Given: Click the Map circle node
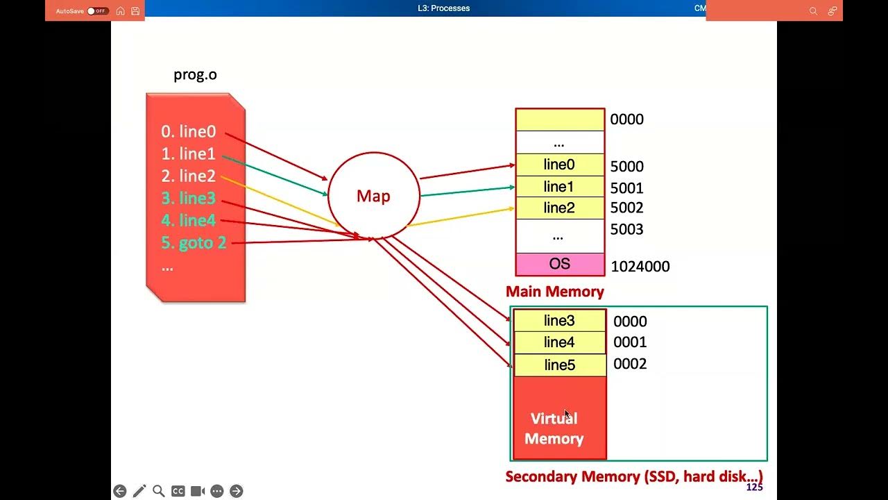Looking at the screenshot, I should pyautogui.click(x=373, y=196).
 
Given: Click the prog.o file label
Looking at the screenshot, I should pyautogui.click(x=195, y=75).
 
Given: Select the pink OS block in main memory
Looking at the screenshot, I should pyautogui.click(x=559, y=265).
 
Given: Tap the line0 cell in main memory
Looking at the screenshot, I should pyautogui.click(x=559, y=165).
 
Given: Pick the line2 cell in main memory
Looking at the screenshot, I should pyautogui.click(x=559, y=208).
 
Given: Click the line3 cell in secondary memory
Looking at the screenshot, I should pyautogui.click(x=559, y=320).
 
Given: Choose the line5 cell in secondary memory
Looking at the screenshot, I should pyautogui.click(x=559, y=365).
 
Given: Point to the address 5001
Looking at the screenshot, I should pyautogui.click(x=626, y=188).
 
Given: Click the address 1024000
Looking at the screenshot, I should pyautogui.click(x=640, y=267).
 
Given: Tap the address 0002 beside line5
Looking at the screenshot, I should pyautogui.click(x=630, y=364).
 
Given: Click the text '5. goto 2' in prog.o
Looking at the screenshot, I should pyautogui.click(x=194, y=243).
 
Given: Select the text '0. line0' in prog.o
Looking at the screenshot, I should pyautogui.click(x=188, y=131).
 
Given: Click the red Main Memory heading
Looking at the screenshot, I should pyautogui.click(x=554, y=292).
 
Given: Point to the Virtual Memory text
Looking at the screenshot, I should pyautogui.click(x=554, y=428).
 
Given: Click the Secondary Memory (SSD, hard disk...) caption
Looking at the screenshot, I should pyautogui.click(x=633, y=476).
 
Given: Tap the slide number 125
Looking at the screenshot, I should pyautogui.click(x=754, y=487).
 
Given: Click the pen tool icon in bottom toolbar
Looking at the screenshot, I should pyautogui.click(x=139, y=491).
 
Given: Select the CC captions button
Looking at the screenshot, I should pyautogui.click(x=178, y=491).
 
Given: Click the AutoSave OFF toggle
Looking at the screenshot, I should pyautogui.click(x=98, y=11).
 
